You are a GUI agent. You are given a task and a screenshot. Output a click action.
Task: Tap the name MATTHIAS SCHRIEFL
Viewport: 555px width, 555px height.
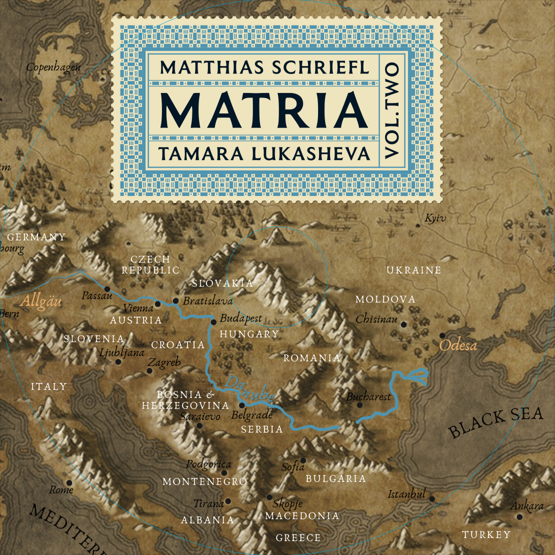point(264,67)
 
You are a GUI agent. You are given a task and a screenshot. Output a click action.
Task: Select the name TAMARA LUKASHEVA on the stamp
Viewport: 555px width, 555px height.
point(264,153)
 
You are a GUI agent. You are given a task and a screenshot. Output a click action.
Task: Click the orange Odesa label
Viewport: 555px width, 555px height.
point(457,345)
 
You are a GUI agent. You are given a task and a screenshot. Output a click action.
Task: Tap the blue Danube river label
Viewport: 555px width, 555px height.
point(250,389)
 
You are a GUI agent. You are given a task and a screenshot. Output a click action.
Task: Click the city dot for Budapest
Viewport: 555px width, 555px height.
point(213,322)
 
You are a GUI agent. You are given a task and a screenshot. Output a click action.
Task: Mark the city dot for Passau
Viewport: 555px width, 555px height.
point(107,289)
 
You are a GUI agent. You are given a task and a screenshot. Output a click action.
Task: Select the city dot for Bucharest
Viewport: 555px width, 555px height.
point(359,405)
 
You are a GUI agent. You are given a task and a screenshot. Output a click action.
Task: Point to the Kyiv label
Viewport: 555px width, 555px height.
point(435,218)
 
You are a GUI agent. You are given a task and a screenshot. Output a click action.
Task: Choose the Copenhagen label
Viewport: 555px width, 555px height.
point(53,66)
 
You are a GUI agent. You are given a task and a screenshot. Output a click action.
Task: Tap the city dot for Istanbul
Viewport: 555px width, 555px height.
point(432,499)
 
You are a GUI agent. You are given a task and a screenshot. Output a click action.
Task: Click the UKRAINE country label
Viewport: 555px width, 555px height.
point(413,270)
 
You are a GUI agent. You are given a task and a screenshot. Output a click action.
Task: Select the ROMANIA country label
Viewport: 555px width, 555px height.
point(311,358)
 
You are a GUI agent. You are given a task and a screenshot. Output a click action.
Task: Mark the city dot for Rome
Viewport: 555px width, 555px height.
point(69,482)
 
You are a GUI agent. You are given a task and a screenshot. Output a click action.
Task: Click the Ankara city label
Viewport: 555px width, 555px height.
point(526,506)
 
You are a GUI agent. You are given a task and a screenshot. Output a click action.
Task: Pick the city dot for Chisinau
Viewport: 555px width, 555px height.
point(404,324)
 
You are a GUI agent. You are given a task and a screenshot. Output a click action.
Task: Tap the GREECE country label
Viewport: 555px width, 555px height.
point(298,538)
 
